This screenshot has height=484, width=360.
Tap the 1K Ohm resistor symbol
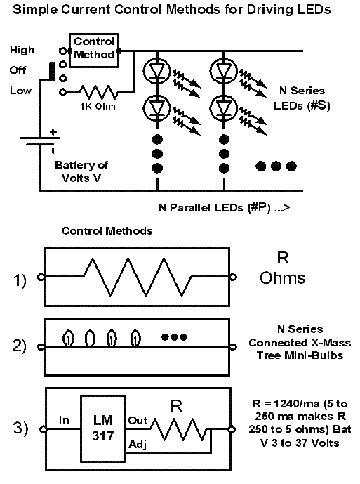[x=99, y=92]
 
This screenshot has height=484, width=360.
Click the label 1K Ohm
[x=98, y=107]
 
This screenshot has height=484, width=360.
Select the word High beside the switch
[x=22, y=50]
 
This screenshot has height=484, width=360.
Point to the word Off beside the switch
[x=18, y=70]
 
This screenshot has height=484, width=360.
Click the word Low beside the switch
[x=20, y=91]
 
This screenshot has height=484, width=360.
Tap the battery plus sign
[x=53, y=132]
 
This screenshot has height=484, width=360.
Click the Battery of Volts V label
[x=81, y=171]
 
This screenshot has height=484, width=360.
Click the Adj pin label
[x=138, y=445]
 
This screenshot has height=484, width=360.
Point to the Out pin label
[x=138, y=420]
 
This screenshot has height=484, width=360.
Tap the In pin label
[x=64, y=420]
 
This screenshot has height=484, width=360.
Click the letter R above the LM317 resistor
[x=176, y=406]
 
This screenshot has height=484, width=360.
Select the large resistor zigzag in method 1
[x=138, y=277]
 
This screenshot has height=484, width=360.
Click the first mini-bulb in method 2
[x=68, y=339]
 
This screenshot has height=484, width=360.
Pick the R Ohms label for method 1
[x=283, y=268]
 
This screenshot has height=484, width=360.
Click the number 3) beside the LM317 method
[x=20, y=428]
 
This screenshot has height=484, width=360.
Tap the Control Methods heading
[x=107, y=231]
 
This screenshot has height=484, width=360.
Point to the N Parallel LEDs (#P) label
[x=215, y=208]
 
